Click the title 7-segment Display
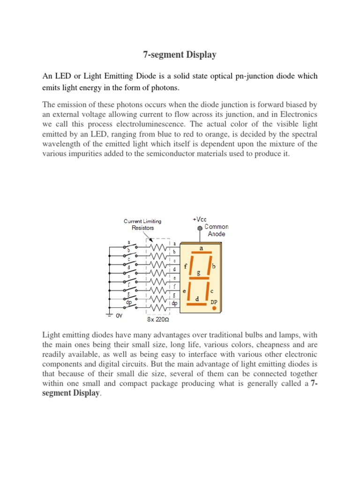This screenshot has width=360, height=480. (180, 55)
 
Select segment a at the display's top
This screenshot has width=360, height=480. (202, 254)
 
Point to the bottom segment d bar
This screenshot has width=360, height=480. (196, 304)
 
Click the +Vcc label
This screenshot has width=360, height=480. (200, 219)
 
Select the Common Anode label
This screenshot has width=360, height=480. (216, 230)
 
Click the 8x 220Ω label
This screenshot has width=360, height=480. (159, 320)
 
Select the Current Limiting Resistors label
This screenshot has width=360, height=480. (142, 224)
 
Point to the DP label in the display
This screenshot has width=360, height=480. (213, 302)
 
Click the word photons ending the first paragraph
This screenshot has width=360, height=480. (166, 88)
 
